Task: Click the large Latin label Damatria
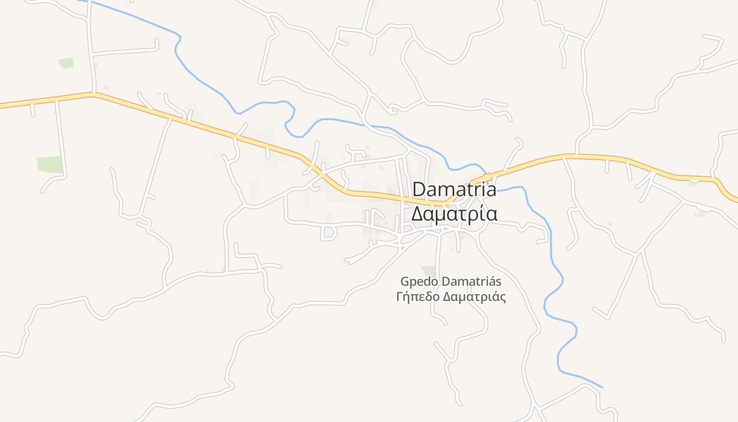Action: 454,189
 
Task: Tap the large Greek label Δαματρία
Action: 454,214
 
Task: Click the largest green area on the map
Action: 50,164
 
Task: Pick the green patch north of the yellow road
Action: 66,63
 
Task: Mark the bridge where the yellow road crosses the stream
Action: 486,175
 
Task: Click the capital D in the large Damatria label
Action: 420,189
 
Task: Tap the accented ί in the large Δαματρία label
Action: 479,214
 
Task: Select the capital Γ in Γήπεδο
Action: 399,296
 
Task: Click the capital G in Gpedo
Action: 405,281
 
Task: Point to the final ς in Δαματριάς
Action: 503,298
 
